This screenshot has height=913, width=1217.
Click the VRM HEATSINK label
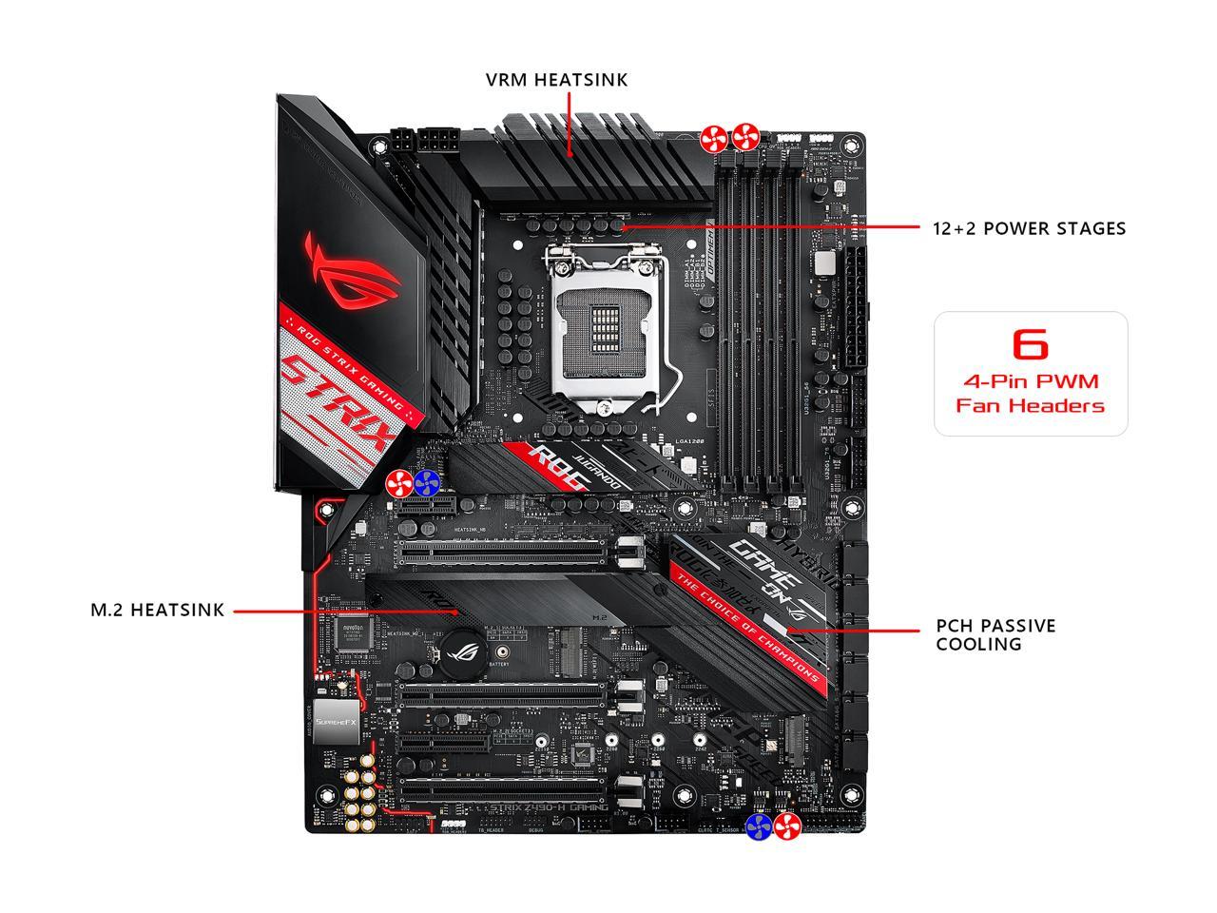556,80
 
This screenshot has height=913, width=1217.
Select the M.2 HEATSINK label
158,611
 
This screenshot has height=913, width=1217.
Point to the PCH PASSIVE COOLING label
995,634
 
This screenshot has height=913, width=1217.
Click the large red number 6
1030,343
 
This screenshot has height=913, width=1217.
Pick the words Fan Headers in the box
1030,406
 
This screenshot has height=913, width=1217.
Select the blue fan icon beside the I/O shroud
427,483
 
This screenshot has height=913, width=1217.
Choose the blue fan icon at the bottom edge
759,826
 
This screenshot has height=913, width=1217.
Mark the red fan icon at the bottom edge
786,826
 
